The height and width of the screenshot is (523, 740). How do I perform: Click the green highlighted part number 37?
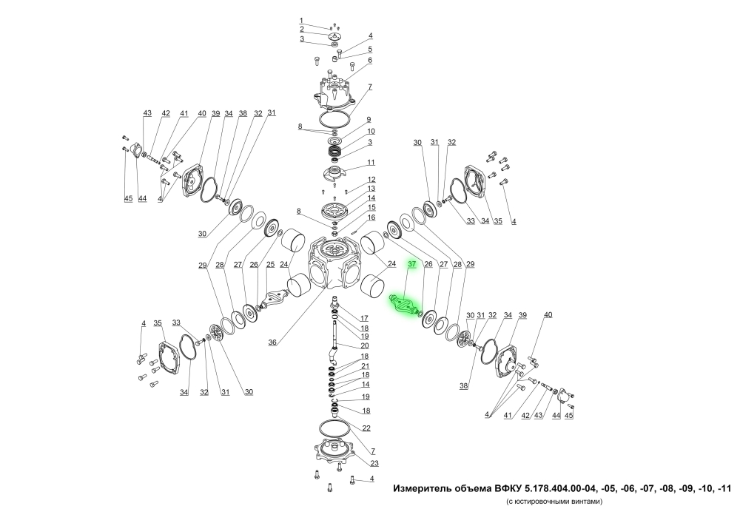(412, 264)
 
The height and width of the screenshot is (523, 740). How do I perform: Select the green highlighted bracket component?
(404, 304)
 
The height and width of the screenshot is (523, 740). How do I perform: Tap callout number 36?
(272, 343)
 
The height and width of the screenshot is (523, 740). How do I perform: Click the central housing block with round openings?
(332, 263)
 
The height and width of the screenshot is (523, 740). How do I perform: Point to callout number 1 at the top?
(301, 20)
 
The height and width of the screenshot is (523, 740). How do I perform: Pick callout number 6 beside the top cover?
(370, 60)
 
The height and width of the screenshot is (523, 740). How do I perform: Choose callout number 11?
(371, 162)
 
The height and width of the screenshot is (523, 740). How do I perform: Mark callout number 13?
(371, 189)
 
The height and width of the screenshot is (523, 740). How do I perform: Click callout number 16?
(371, 217)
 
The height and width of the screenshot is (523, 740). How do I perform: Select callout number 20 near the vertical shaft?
(365, 345)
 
